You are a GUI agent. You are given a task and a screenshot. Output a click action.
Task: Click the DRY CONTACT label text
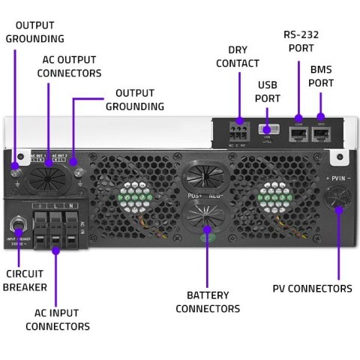coord(237,56)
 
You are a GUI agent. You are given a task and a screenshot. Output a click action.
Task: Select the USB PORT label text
coord(268,91)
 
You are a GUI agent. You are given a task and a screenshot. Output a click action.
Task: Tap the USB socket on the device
coord(270,132)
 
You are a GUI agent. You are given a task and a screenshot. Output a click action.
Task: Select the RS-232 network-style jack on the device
coord(297,134)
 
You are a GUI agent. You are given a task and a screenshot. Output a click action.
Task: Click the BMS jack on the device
coord(322,134)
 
